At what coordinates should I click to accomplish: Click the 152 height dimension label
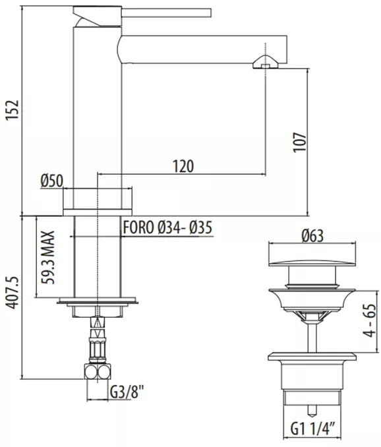(13, 110)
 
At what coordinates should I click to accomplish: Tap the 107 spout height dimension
(300, 142)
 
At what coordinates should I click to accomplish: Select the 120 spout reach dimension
(183, 166)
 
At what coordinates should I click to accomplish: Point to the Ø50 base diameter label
(52, 181)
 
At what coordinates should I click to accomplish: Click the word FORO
(138, 227)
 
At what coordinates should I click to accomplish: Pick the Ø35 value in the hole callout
(201, 227)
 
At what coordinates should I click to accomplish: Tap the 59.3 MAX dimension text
(47, 257)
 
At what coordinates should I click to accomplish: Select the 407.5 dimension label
(13, 293)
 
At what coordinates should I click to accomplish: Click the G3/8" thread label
(127, 392)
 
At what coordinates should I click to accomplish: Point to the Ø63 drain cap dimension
(312, 236)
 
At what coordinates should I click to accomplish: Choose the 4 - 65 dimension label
(370, 320)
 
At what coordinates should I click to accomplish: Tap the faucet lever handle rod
(166, 13)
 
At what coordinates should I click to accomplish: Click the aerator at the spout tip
(265, 62)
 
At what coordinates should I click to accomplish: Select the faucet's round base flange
(98, 212)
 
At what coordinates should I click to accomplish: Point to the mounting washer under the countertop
(98, 301)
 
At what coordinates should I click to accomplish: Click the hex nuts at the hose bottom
(98, 371)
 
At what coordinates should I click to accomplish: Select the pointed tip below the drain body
(312, 411)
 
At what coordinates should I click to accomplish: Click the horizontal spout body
(202, 49)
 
